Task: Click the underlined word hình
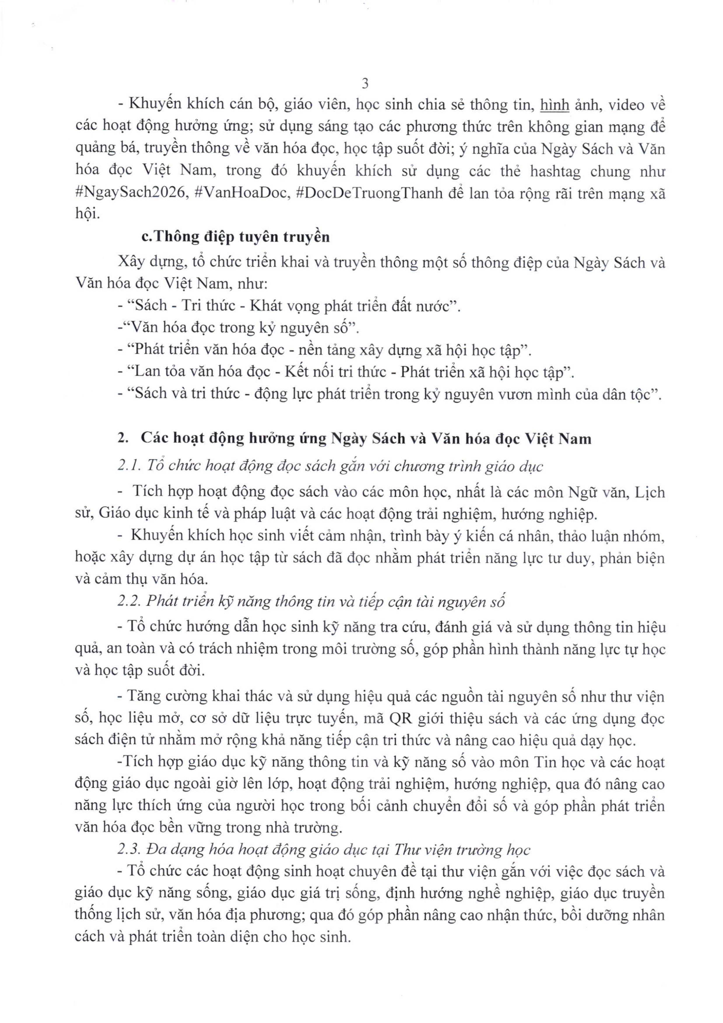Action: pos(554,105)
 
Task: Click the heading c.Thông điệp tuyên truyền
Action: pos(236,237)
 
